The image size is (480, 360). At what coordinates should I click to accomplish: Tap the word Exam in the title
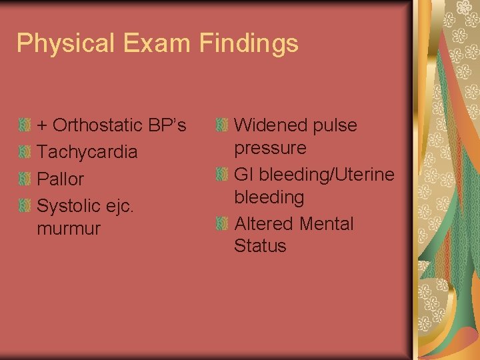[150, 44]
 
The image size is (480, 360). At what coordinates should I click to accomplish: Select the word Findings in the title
[248, 44]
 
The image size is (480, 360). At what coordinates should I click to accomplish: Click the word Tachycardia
[87, 152]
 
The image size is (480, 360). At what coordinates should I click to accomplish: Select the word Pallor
[61, 179]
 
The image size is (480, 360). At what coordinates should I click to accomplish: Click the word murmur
[69, 229]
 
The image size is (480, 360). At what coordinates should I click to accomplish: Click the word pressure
[270, 148]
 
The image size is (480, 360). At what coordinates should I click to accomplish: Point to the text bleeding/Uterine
[327, 175]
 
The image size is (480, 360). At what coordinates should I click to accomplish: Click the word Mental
[327, 223]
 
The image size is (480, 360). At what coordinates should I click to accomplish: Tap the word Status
[260, 246]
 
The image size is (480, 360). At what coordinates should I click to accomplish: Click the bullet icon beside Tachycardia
[25, 152]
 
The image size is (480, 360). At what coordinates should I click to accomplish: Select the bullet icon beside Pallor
[25, 179]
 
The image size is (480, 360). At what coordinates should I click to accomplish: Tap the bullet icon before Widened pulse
[223, 125]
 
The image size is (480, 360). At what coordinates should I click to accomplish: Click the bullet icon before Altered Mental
[223, 223]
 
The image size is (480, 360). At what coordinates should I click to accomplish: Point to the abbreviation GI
[244, 175]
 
